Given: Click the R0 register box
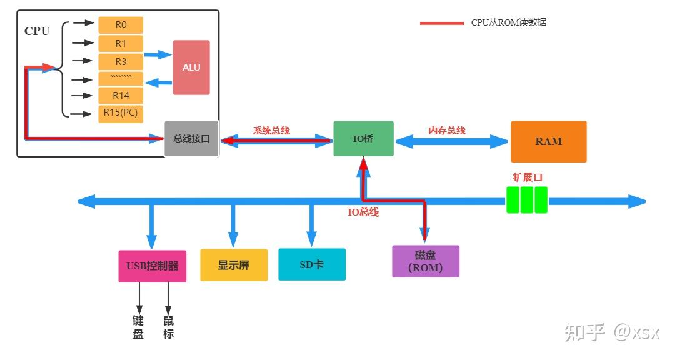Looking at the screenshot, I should coord(121,25).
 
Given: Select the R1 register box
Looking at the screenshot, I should coord(121,43).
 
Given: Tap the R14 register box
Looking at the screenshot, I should coord(121,96).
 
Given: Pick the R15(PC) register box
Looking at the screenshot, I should coord(121,114).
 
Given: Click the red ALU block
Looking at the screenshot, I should coord(191,67).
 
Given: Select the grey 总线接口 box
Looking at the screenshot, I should coord(192,139).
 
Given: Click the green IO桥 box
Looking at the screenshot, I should coord(363,139).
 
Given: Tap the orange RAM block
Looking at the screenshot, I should coord(548,141).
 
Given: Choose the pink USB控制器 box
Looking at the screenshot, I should coord(152,266).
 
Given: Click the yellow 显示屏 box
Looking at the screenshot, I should coord(234,265).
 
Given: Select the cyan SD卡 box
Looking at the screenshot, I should coord(311,264).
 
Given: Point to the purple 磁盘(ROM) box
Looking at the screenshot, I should coord(425,261).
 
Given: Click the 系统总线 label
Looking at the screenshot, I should coord(271,131).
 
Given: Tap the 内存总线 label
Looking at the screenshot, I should coord(447,131).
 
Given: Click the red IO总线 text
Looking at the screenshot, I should coord(363,212).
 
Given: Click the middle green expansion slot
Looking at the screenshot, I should coord(527,200).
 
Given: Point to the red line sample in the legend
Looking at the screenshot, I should coord(441,23).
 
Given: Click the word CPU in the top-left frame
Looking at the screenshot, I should coord(37,31).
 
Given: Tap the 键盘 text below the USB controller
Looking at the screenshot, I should coord(138,327).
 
